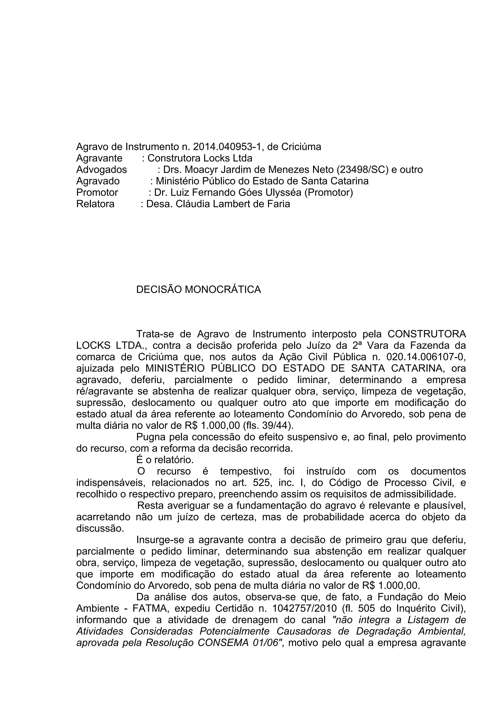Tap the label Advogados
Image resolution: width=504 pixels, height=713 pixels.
(102, 170)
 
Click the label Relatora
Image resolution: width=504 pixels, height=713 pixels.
(95, 204)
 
